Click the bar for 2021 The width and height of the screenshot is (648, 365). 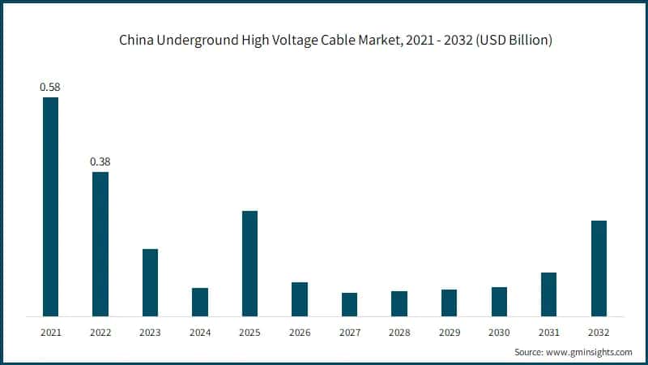click(50, 207)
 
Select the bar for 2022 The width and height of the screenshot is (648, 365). click(100, 244)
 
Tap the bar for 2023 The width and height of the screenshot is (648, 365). click(150, 282)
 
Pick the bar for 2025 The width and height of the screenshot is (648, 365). click(249, 264)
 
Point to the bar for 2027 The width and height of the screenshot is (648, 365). click(349, 304)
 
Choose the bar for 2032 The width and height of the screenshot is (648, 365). click(599, 268)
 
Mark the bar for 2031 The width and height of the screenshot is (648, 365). click(548, 294)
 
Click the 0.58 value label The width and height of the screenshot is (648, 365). click(50, 86)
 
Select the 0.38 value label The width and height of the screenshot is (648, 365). click(100, 161)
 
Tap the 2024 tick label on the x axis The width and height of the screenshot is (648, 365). click(200, 332)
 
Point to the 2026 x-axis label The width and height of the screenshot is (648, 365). click(300, 332)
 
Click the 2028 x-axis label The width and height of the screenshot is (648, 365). click(399, 332)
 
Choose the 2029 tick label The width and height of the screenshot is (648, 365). click(449, 332)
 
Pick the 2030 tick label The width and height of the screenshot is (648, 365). click(499, 332)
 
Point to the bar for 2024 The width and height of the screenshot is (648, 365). click(200, 302)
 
